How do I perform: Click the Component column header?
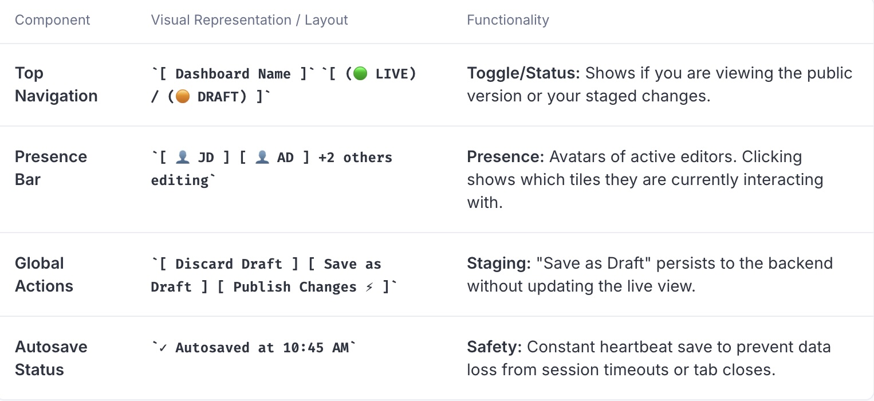click(52, 20)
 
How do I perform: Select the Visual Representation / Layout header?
click(249, 20)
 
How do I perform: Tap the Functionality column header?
click(508, 20)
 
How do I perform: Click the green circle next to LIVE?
click(360, 73)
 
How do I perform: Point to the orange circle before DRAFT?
click(183, 96)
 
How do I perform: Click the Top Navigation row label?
click(56, 84)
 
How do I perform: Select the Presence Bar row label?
click(51, 168)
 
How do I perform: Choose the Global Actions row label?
click(44, 274)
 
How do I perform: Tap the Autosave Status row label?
click(51, 358)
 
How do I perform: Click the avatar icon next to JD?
click(183, 157)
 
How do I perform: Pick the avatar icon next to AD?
click(262, 157)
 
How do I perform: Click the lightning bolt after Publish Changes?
click(369, 287)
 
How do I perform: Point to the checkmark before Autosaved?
click(163, 348)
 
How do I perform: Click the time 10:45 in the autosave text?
click(303, 348)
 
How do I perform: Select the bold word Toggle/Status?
click(523, 73)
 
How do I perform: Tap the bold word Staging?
click(499, 264)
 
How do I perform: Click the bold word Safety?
click(494, 347)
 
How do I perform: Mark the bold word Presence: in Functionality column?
click(506, 157)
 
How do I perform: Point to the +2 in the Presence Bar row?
click(326, 158)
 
